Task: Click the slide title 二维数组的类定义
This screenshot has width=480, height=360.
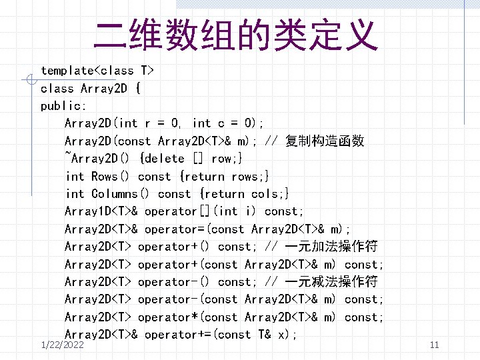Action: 236,36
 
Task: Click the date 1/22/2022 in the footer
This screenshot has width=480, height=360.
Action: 62,345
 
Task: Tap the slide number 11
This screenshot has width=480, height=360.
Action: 434,345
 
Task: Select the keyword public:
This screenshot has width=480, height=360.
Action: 63,106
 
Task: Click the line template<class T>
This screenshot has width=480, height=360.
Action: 97,71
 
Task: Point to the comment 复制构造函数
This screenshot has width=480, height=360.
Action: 325,141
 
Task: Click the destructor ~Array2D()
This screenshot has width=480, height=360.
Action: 98,159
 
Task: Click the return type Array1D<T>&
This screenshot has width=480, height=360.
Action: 101,211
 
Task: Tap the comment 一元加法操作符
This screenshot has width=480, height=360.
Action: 331,247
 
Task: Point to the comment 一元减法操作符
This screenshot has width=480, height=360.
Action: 331,282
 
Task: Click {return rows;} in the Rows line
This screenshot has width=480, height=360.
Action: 224,177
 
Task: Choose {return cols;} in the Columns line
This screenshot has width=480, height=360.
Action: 244,194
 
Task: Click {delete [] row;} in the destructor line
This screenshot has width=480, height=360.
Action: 191,159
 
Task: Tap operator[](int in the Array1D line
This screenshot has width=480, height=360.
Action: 191,211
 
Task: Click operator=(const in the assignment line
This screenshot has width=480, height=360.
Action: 194,229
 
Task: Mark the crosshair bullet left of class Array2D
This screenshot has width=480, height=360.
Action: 28,81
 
